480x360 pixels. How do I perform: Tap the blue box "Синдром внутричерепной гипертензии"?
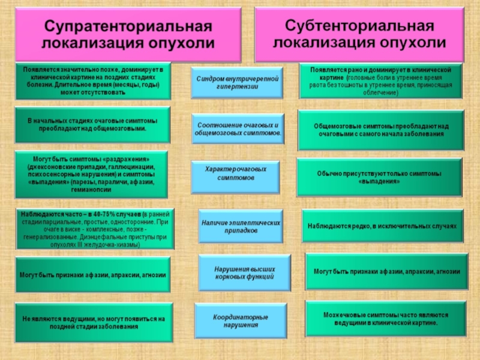click(237, 83)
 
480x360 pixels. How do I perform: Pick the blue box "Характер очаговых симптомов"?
click(236, 174)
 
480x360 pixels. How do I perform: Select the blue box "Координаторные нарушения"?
click(241, 320)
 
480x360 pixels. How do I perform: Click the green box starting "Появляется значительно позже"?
click(92, 81)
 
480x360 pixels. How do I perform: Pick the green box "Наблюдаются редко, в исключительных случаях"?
click(382, 226)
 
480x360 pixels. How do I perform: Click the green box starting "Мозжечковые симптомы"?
click(386, 319)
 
